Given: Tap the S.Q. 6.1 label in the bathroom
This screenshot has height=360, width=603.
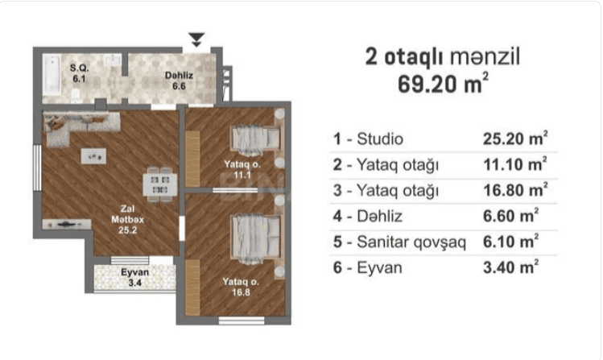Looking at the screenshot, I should click(x=79, y=74).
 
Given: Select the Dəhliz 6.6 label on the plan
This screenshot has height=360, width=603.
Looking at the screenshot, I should click(x=176, y=78).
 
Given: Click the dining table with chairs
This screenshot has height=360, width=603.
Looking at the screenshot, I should click(x=158, y=184).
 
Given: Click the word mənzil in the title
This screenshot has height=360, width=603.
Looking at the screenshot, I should click(x=485, y=56).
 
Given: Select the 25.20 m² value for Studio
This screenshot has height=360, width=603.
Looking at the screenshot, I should click(x=515, y=139).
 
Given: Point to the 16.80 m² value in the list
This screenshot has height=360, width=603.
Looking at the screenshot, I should click(x=515, y=190).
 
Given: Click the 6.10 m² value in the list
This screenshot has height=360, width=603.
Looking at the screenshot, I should click(x=510, y=242).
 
